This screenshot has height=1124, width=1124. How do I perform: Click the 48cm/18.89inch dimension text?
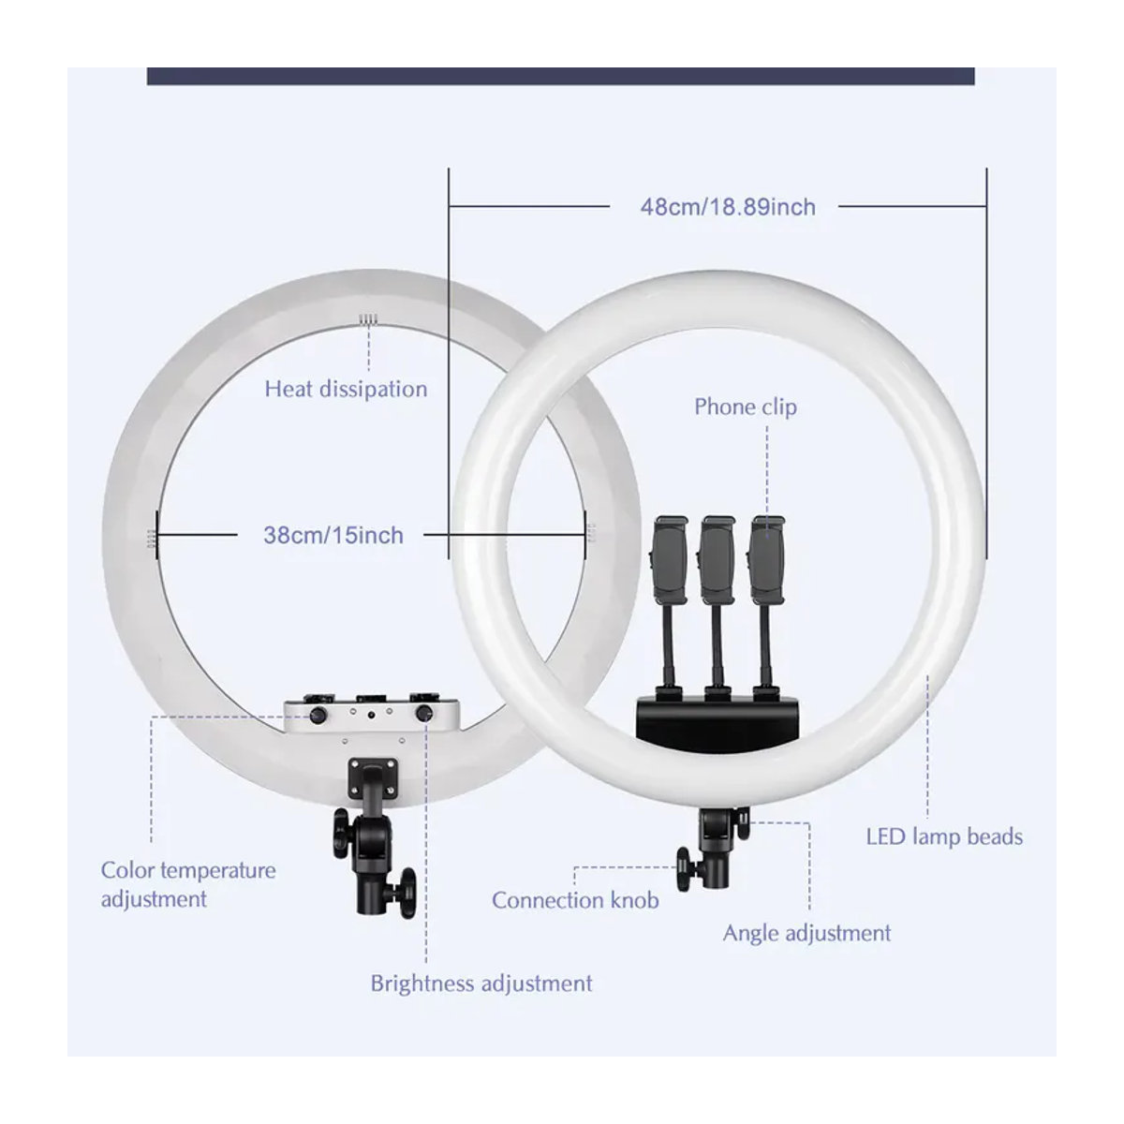click(728, 207)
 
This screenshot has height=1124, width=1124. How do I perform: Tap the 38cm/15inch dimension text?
click(333, 535)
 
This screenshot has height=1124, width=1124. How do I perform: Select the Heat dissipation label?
click(346, 389)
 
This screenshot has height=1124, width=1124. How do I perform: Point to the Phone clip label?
click(745, 407)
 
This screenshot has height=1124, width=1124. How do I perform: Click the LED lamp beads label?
click(944, 837)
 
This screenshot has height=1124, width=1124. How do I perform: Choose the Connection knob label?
click(575, 900)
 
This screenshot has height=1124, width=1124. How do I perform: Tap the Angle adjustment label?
click(806, 933)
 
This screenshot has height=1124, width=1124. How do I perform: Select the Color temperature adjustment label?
click(188, 884)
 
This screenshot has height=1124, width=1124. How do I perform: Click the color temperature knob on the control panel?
click(318, 715)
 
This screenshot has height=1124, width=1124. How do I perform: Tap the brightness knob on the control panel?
click(424, 714)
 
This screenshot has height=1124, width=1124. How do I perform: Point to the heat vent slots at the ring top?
click(369, 319)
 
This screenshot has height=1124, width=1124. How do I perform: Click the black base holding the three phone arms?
click(717, 717)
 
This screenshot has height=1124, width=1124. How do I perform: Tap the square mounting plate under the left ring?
click(374, 778)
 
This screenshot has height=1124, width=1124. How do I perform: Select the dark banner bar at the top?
click(560, 77)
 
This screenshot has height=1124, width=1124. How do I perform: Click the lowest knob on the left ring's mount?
click(407, 893)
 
